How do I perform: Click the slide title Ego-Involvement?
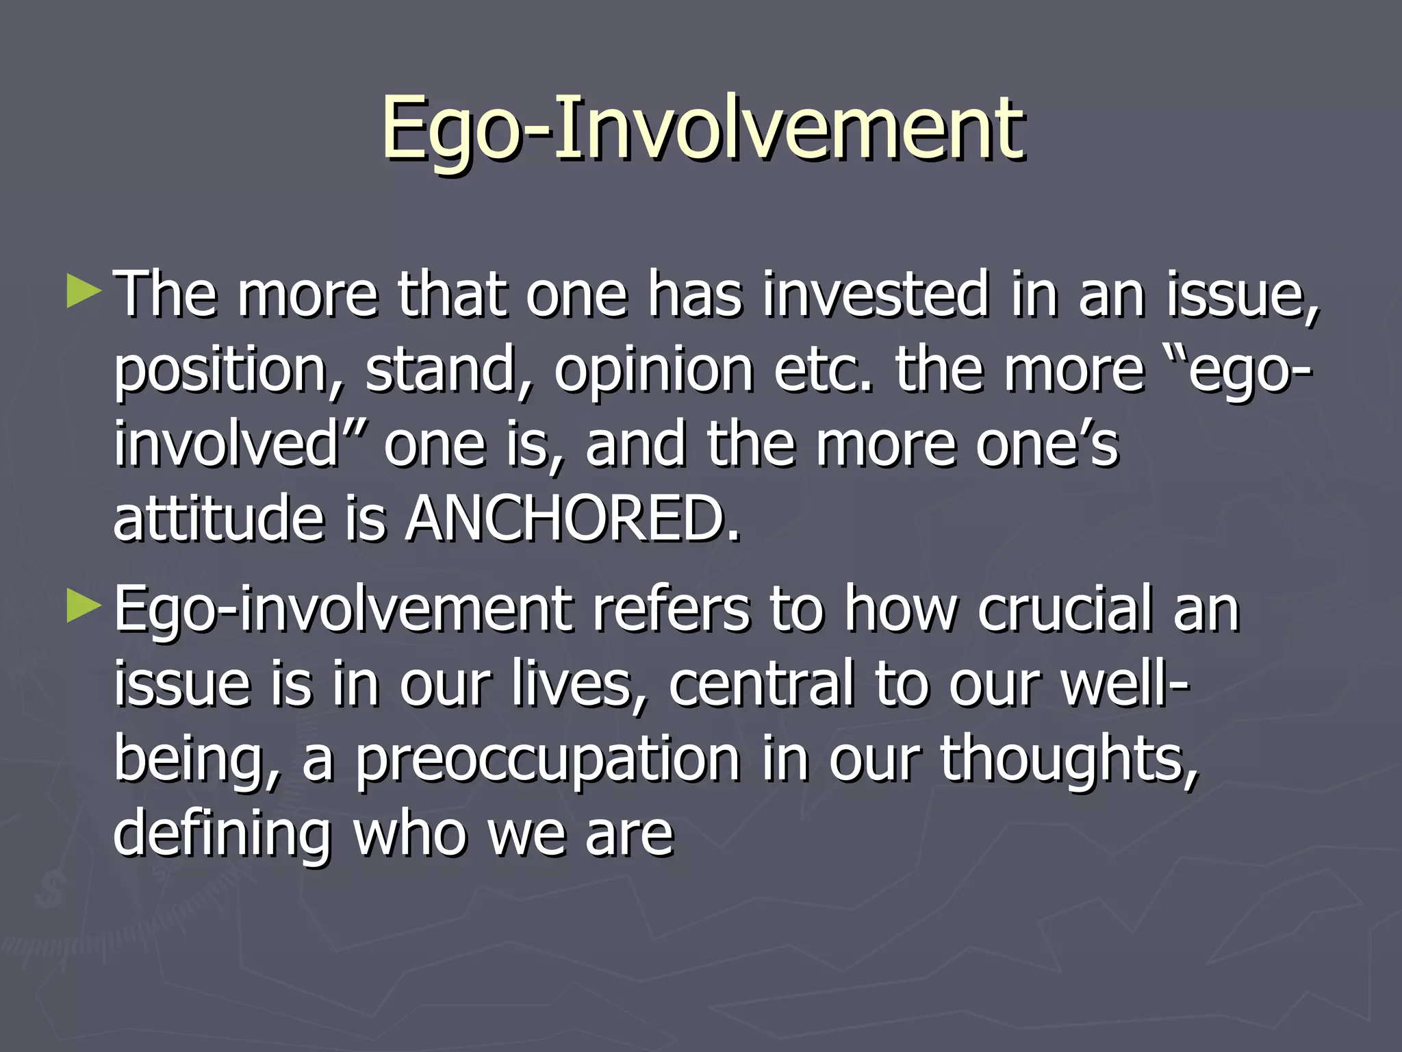point(702,130)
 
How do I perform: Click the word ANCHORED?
point(572,518)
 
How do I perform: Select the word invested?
point(876,295)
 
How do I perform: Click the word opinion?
point(653,371)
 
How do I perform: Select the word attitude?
point(218,518)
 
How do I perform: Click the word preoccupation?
point(548,760)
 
